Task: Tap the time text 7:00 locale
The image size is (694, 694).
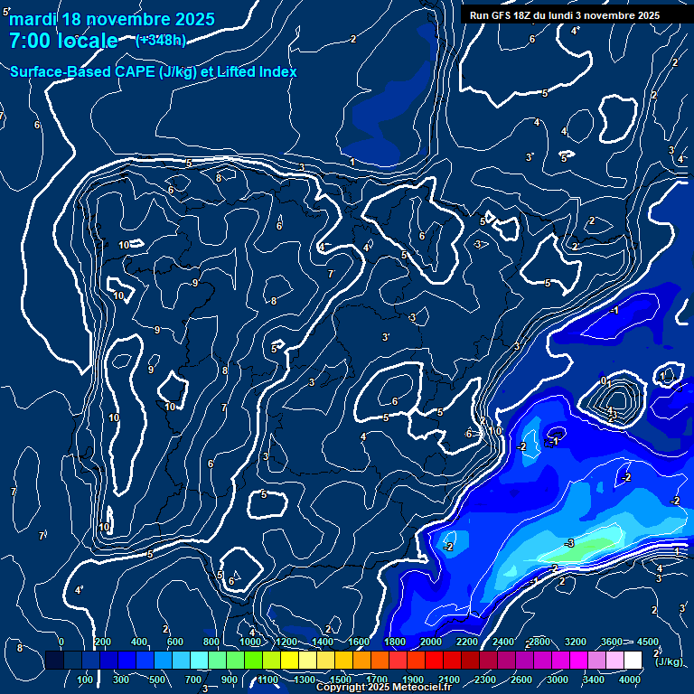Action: [63, 41]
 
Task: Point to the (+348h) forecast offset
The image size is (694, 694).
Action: [161, 40]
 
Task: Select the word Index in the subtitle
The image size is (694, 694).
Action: [277, 71]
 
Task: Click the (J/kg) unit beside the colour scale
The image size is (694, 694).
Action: [668, 661]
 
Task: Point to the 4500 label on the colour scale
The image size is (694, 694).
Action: [647, 642]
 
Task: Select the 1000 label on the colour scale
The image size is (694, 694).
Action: [250, 642]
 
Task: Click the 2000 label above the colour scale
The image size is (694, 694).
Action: [431, 642]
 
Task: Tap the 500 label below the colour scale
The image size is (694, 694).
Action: [157, 680]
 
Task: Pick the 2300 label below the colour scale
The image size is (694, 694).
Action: [484, 680]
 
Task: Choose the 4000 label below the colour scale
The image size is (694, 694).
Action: [631, 680]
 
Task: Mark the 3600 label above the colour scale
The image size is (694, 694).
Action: [612, 642]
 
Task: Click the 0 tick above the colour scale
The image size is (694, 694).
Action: [61, 642]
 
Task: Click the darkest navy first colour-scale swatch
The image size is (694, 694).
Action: [54, 661]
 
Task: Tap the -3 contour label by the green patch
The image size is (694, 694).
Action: [568, 543]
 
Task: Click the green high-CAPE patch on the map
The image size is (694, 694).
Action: [592, 547]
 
